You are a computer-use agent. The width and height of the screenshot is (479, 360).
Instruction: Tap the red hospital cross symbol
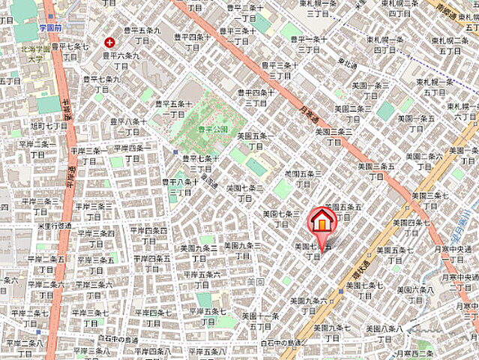click(111, 42)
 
